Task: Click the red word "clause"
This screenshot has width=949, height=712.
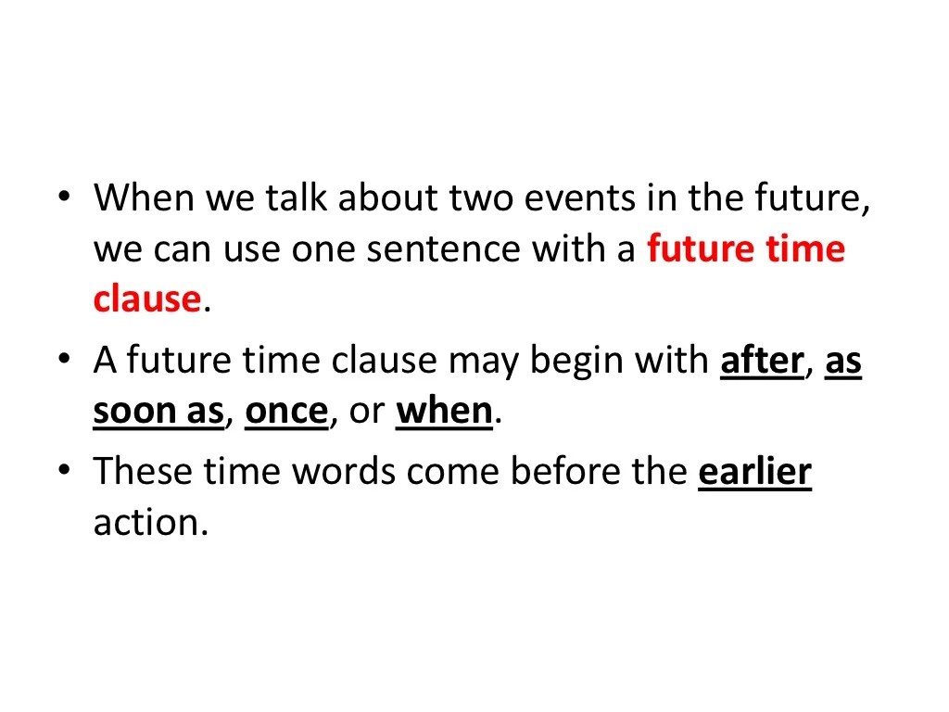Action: pos(147,299)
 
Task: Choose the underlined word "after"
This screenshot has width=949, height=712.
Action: pos(761,362)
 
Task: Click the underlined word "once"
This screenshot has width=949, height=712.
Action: pos(286,412)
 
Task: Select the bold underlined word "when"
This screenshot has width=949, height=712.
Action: pos(444,412)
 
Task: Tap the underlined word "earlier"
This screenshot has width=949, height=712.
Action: pos(754,473)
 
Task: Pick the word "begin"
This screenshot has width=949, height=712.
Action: pos(580,362)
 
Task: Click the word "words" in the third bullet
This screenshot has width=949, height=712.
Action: pos(344,473)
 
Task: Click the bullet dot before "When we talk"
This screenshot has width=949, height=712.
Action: pos(64,198)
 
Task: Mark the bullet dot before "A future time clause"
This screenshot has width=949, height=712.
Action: pos(64,362)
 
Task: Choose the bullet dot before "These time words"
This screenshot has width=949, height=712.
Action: pos(64,474)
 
